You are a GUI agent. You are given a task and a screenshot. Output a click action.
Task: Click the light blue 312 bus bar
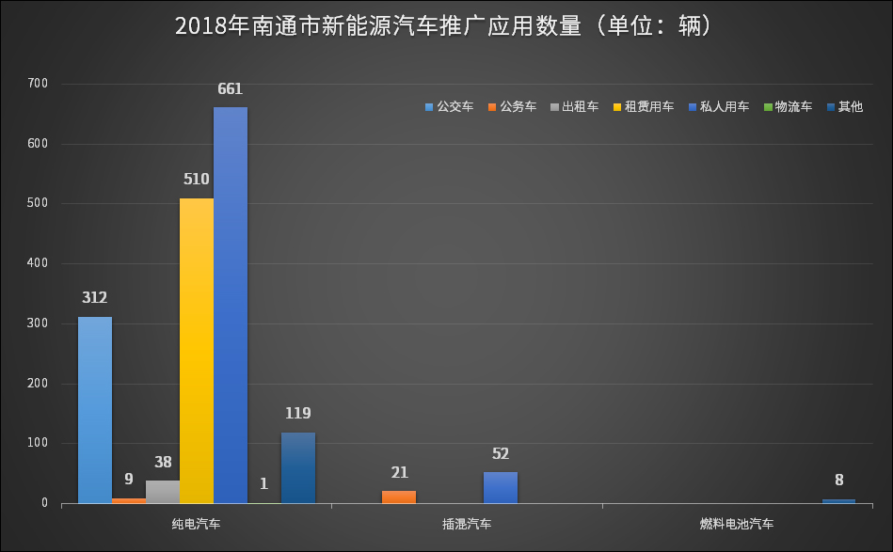(x=95, y=409)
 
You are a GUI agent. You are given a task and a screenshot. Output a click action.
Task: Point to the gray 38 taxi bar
(x=163, y=492)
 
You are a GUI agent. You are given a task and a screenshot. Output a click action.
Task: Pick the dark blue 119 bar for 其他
(x=298, y=467)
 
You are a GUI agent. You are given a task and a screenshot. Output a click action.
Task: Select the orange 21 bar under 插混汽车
(x=399, y=497)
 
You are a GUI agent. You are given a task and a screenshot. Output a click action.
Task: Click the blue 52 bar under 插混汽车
(x=501, y=487)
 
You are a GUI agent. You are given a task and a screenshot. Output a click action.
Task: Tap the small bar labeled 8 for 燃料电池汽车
(x=839, y=500)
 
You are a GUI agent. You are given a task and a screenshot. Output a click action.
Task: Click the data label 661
(x=230, y=90)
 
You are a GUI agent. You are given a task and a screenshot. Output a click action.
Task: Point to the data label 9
(x=129, y=479)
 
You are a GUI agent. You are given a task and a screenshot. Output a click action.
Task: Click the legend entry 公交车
(x=449, y=107)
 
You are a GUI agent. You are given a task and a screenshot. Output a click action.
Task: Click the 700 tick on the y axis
(x=38, y=85)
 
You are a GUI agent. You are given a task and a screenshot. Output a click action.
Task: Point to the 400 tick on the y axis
(x=38, y=264)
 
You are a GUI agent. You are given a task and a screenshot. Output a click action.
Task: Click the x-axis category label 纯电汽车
(x=197, y=523)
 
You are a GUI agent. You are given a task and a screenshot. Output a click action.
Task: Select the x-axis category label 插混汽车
(x=467, y=523)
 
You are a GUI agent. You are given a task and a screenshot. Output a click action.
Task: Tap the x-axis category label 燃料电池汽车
(x=737, y=523)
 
